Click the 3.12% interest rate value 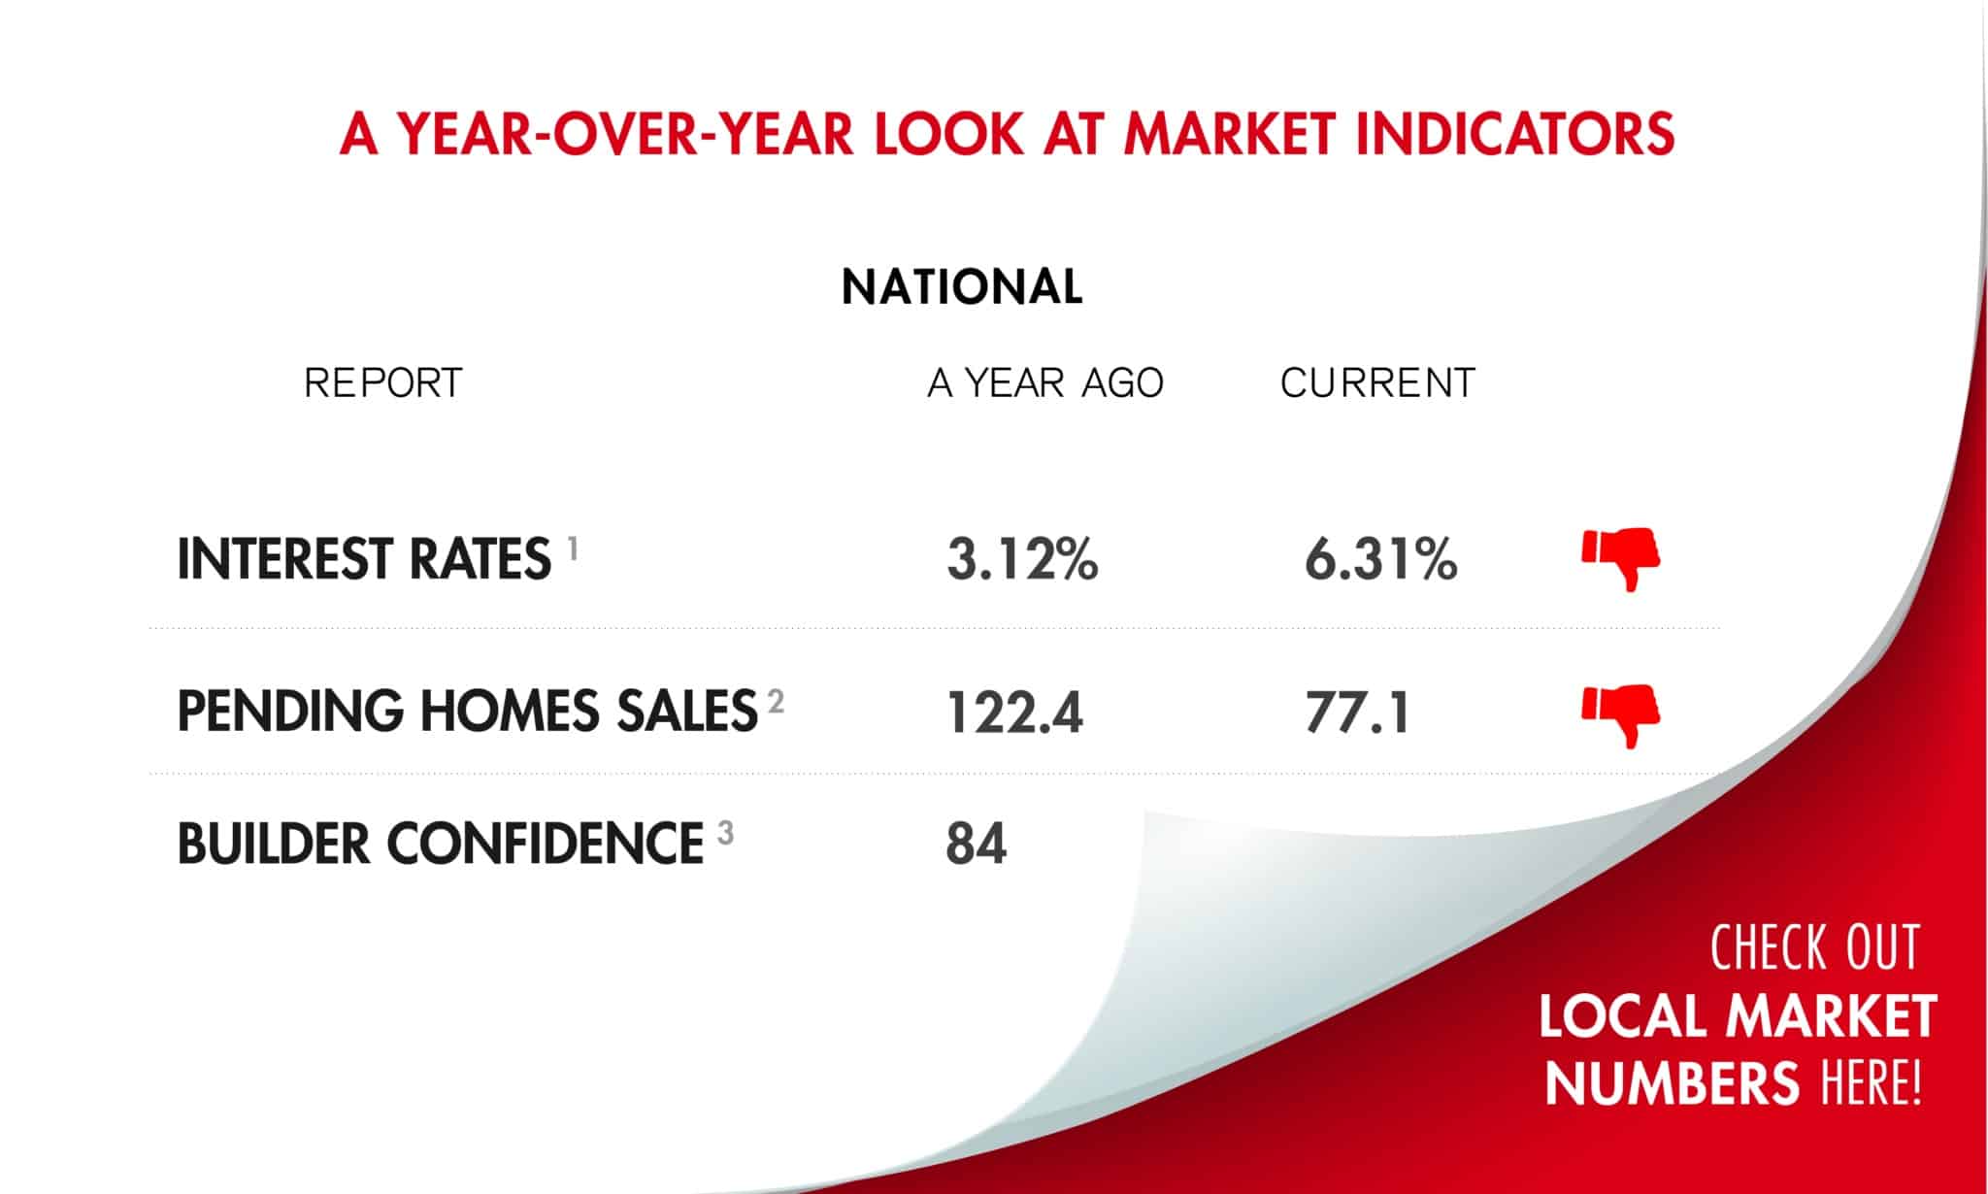1022,560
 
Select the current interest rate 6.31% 1380,560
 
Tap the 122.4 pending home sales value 1014,713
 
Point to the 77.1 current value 1357,713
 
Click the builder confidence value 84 977,844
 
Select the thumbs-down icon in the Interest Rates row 1620,558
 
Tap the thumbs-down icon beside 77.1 1620,714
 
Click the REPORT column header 383,383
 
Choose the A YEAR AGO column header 1045,383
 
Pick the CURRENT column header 1377,383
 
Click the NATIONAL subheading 962,287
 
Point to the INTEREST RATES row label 364,560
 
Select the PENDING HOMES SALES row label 467,712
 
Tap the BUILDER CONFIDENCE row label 440,844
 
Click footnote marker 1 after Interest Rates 573,550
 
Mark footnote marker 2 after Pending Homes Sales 775,701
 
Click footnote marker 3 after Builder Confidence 725,833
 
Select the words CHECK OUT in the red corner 1814,948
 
